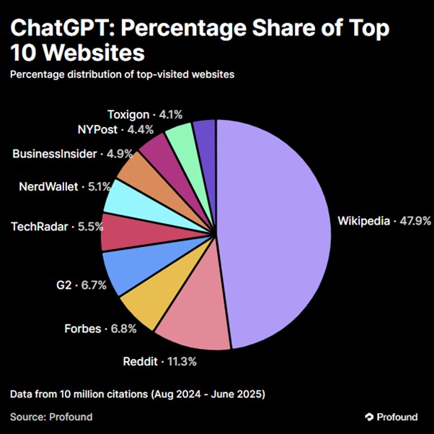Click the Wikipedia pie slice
tap(274, 231)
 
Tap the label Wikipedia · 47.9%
tap(384, 221)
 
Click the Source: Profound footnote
tap(51, 417)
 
